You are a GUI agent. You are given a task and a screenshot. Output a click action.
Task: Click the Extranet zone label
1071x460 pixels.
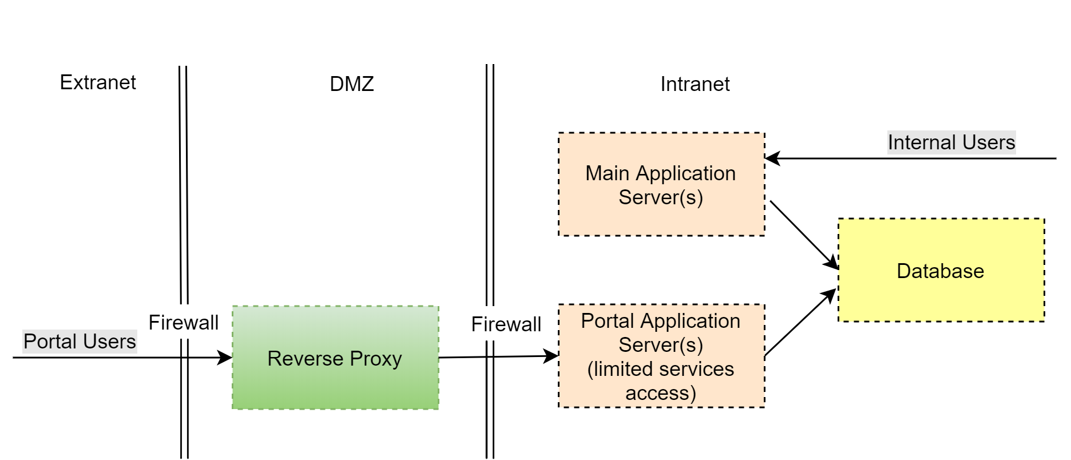98,82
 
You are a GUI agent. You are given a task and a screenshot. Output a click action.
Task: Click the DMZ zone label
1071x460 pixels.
352,84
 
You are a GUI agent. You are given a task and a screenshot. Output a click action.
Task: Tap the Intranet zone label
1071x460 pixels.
695,84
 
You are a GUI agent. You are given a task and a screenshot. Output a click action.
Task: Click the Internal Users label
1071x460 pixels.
951,142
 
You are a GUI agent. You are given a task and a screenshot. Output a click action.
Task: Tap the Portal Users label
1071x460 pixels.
80,342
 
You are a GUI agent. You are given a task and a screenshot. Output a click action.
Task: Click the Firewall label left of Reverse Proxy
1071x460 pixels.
183,323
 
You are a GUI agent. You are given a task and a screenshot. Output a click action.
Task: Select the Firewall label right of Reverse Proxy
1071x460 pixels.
506,324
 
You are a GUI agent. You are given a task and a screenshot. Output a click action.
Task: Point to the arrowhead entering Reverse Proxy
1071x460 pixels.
225,358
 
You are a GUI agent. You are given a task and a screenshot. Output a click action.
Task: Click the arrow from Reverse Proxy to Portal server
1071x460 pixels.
498,357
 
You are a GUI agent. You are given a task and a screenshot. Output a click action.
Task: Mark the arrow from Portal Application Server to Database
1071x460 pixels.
800,323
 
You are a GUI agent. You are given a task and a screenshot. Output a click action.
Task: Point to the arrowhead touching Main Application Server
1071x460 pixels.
772,158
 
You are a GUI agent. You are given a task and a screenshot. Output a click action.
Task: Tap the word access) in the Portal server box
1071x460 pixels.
661,393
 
